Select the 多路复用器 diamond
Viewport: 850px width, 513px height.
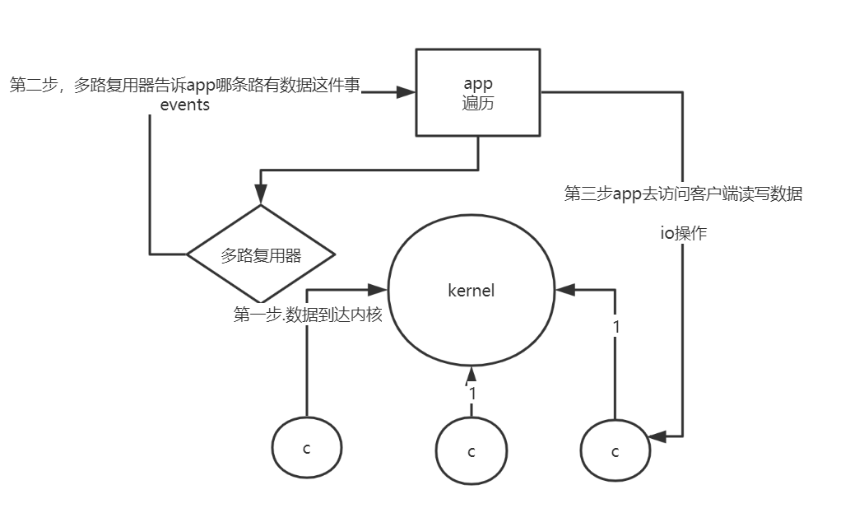point(261,254)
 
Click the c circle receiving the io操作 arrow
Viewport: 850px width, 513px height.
point(615,451)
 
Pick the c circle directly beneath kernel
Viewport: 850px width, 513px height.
point(471,451)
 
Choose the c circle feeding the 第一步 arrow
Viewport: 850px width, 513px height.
point(307,448)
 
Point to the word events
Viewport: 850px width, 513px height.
point(184,105)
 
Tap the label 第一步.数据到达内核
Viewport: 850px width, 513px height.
point(308,315)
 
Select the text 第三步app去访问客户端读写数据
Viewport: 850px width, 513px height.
point(683,194)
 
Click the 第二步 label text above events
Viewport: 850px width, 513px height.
point(184,86)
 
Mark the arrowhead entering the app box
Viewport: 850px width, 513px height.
point(406,92)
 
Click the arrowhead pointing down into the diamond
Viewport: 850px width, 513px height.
point(261,197)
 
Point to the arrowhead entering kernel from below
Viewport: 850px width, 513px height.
point(471,373)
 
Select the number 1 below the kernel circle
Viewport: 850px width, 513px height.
point(472,394)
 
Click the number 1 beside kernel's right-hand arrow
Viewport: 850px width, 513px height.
point(616,326)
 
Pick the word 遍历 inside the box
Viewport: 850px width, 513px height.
point(478,104)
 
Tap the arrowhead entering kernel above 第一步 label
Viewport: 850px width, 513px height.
point(378,289)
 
